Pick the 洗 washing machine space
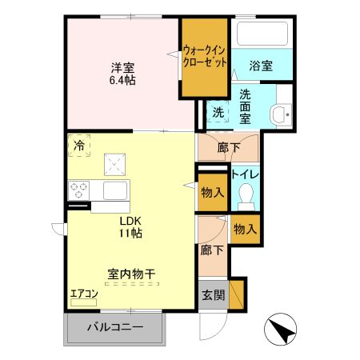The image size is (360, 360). [x=218, y=112]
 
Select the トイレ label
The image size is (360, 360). [x=244, y=173]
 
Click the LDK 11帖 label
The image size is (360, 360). [x=131, y=228]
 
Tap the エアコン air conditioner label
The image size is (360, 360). [x=83, y=294]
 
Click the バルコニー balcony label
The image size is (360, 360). [x=114, y=328]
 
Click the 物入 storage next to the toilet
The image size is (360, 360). [x=212, y=192]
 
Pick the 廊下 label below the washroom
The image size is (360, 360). [x=227, y=147]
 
